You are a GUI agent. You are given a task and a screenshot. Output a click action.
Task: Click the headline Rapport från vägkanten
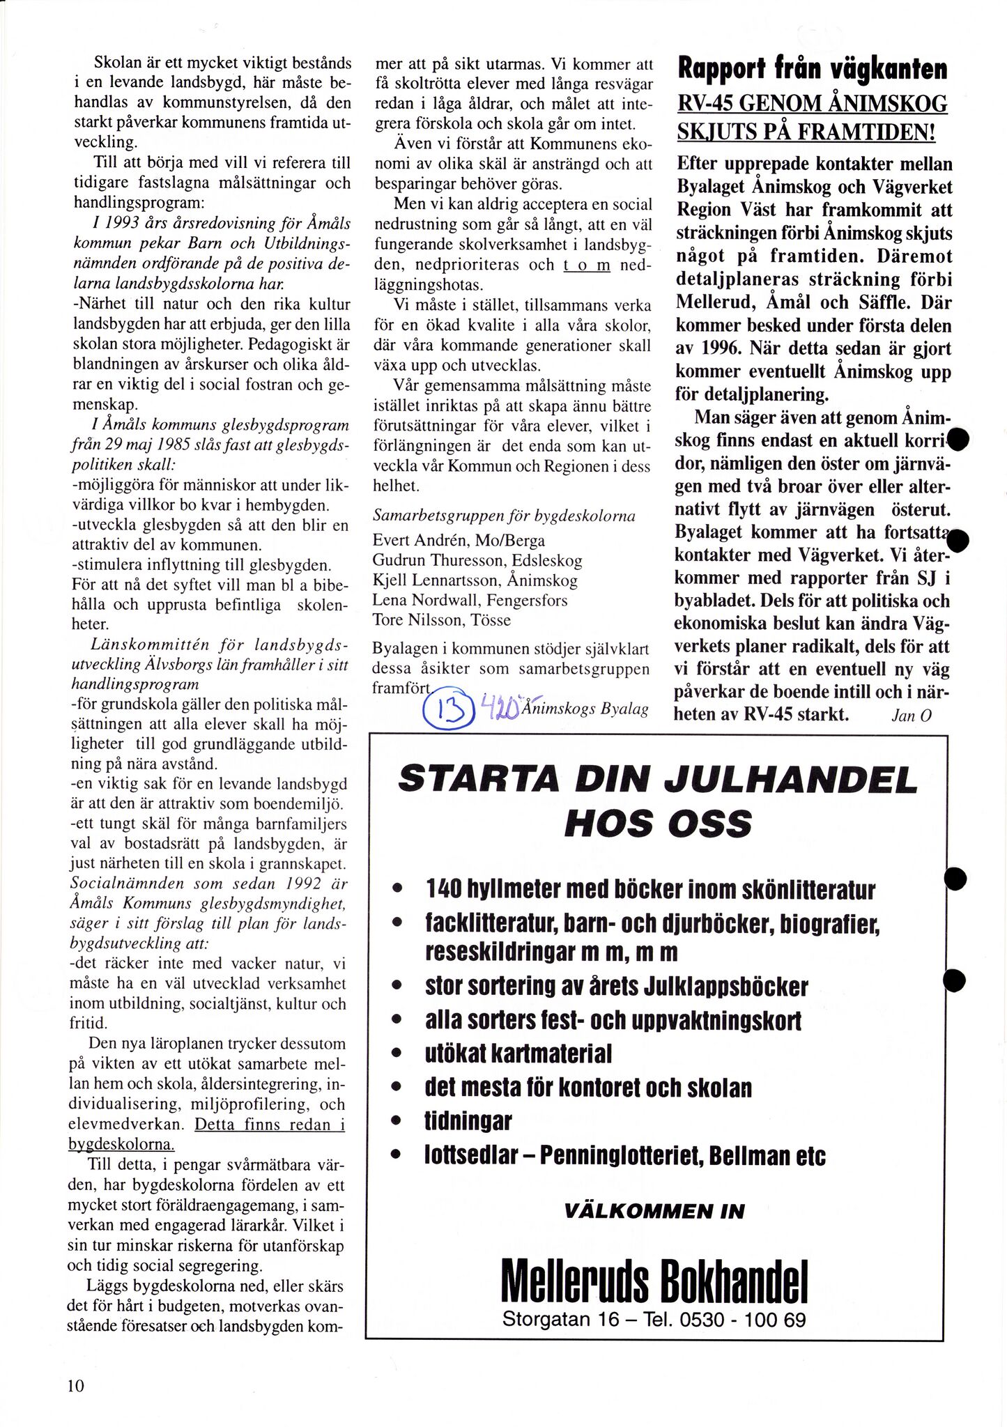click(x=813, y=70)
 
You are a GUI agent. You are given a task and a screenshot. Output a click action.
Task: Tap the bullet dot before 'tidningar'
click(x=397, y=1122)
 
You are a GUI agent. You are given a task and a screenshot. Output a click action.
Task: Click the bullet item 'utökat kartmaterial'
click(x=518, y=1054)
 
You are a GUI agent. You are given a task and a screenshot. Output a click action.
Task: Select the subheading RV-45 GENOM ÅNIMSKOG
click(x=813, y=104)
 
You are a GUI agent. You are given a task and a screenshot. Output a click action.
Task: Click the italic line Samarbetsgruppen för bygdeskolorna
click(x=505, y=516)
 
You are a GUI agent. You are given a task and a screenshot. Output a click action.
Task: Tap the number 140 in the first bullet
click(x=447, y=890)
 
